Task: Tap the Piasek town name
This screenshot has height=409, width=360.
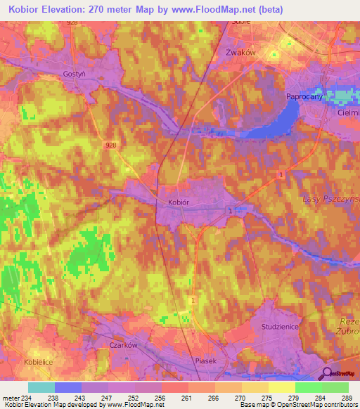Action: click(207, 359)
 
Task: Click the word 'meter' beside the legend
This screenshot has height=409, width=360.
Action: click(10, 398)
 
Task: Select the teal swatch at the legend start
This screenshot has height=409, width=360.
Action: click(41, 387)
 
